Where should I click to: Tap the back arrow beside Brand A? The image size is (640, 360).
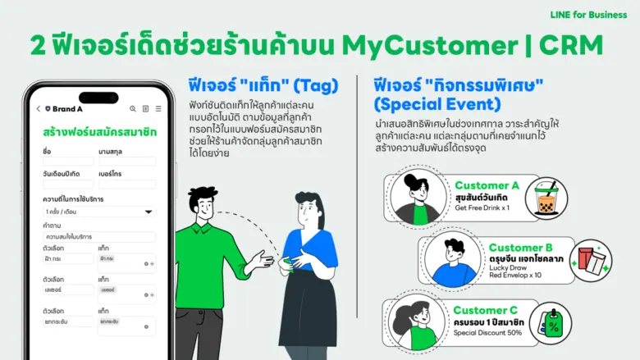(38, 108)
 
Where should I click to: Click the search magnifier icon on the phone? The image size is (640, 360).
(133, 108)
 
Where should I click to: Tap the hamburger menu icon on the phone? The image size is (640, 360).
(158, 108)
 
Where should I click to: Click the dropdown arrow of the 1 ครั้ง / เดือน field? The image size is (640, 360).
(149, 212)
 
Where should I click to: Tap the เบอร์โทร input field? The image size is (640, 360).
(127, 184)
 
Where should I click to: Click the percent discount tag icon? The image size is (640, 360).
(550, 324)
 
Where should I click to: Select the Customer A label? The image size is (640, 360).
(487, 185)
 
